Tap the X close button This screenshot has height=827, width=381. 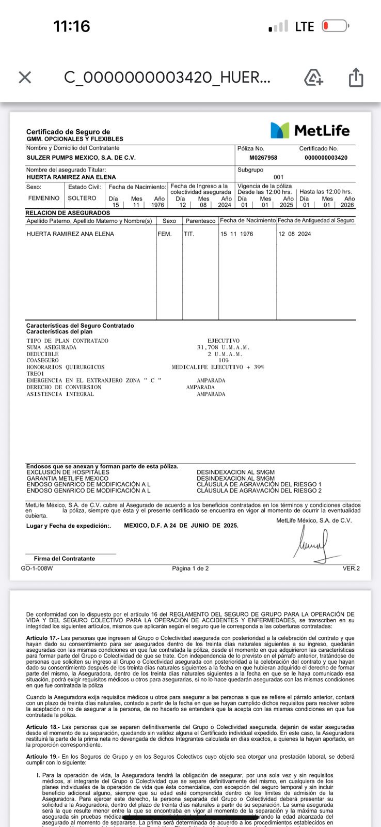point(25,78)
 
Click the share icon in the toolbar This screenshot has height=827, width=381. point(356,78)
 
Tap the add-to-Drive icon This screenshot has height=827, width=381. point(313,78)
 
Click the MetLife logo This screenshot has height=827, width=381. point(310,130)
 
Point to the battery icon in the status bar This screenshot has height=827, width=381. point(336,26)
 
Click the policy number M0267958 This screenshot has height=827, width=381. point(263,158)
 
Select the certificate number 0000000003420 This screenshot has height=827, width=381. point(326,158)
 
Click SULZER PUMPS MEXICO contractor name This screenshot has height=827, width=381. point(81,158)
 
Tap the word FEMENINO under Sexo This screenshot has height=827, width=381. point(44,198)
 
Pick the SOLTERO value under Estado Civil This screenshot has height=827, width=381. point(82,198)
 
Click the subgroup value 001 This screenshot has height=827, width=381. point(279,177)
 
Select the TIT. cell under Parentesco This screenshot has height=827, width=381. point(189,234)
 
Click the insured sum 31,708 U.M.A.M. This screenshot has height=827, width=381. point(223,347)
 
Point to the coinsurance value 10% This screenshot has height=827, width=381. point(224,360)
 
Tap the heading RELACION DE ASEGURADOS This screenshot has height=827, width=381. point(68,213)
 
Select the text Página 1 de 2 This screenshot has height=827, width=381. point(190,569)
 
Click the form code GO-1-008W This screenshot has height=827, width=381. point(37,569)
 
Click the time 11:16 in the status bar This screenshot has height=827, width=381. point(72,26)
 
